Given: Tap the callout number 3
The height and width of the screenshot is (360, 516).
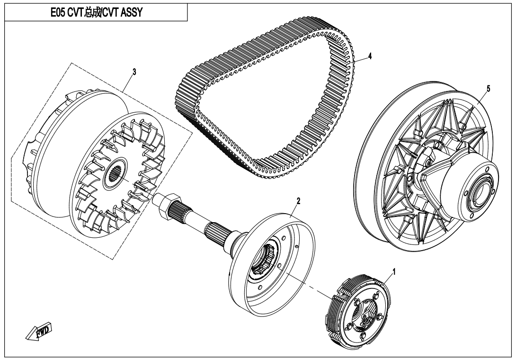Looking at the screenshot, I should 134,72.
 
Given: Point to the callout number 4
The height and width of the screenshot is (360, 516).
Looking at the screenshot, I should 370,56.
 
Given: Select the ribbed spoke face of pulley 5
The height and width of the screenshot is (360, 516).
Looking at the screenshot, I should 402,156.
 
